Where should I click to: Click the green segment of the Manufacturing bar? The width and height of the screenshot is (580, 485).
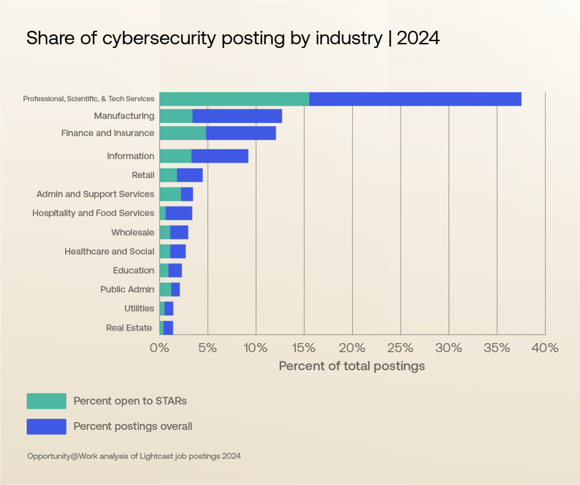point(176,116)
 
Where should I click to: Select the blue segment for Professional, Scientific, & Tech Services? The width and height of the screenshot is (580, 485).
point(415,99)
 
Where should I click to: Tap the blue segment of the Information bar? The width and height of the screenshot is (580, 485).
point(220,156)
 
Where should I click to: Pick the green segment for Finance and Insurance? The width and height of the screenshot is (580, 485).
point(183,133)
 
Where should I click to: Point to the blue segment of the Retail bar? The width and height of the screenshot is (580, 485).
point(190,175)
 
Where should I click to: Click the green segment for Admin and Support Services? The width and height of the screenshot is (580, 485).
point(170,194)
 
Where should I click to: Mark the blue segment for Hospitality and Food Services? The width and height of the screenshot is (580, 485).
point(179,213)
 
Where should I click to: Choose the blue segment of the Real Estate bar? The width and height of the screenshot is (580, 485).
point(168,328)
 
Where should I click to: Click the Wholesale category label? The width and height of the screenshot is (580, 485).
point(133,233)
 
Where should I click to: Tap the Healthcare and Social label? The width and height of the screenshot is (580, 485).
point(109,252)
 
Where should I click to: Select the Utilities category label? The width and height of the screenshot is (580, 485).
point(139,309)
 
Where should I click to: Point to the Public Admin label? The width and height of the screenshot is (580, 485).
point(127,290)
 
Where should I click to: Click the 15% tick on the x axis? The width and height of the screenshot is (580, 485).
point(304,348)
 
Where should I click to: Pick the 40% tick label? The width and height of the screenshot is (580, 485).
point(545,348)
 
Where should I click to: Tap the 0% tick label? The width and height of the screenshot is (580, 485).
point(159,348)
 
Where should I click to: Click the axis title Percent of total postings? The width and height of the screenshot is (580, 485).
point(352,366)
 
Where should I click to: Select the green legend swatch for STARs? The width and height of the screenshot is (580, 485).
point(46,401)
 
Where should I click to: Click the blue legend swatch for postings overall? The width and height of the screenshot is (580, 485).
point(46,427)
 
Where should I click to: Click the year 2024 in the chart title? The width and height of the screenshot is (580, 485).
point(418,38)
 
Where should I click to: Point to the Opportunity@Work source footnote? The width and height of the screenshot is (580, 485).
point(134,456)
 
